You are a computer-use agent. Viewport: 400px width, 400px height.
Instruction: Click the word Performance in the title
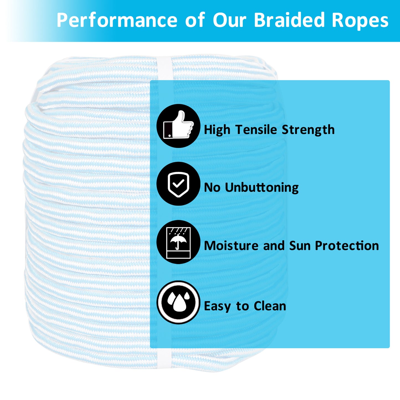tap(117, 20)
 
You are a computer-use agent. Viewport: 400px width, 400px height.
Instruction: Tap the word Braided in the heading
tap(289, 20)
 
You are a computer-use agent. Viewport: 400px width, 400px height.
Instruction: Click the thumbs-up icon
tap(178, 126)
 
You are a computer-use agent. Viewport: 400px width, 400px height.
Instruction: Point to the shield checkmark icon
tap(178, 184)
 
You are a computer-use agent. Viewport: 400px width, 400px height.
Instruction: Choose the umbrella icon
tap(178, 242)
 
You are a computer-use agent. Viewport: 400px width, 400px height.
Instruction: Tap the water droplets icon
tap(178, 302)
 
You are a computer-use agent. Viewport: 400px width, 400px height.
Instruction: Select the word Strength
tap(308, 130)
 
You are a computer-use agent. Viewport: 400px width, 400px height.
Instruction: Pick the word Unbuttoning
tap(262, 187)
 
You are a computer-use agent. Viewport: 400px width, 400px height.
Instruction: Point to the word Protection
tap(347, 246)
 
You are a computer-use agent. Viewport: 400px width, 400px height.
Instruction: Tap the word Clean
tap(270, 306)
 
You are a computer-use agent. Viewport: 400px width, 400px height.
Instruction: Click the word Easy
tap(217, 306)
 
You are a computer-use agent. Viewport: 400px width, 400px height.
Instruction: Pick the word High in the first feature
tap(217, 130)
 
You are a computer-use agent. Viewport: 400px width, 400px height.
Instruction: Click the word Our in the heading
tap(229, 20)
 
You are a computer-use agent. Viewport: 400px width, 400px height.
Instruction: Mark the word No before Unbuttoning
tap(212, 187)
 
